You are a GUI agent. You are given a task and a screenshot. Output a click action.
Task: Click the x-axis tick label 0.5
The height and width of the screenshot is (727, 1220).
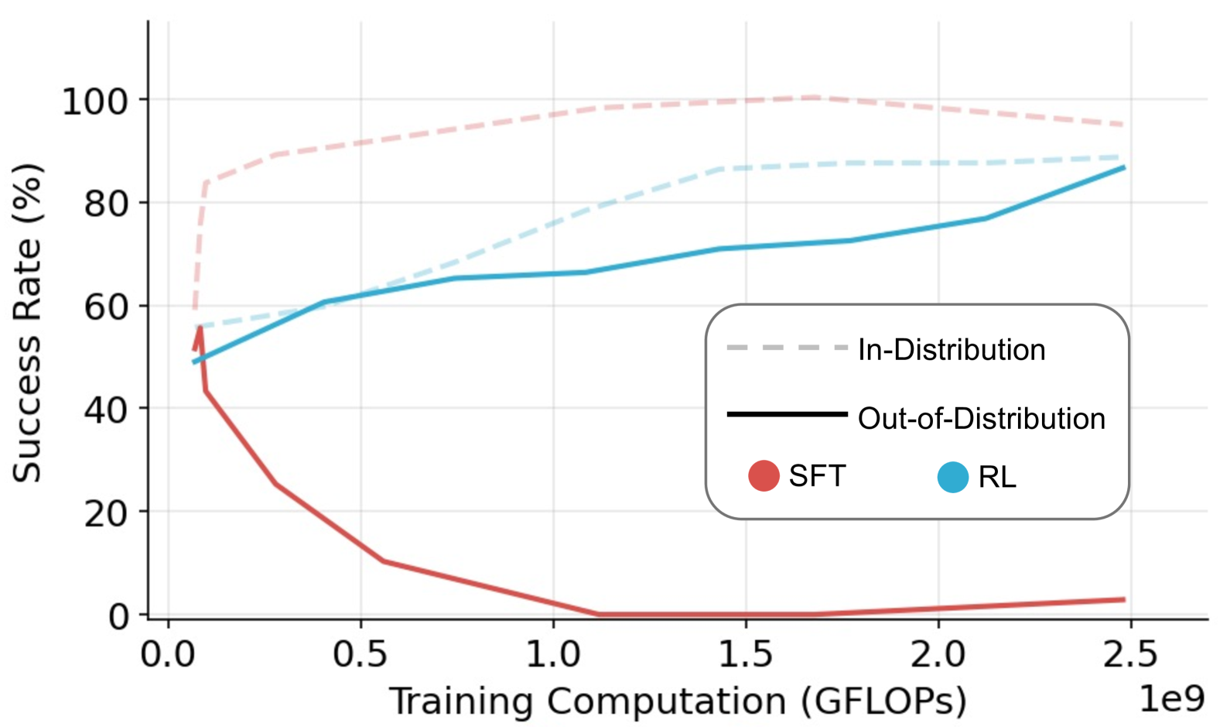(x=360, y=655)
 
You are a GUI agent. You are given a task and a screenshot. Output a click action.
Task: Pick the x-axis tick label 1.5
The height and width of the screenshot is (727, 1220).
(x=745, y=655)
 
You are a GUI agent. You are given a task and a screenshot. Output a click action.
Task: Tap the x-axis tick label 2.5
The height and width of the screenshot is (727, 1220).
(x=1130, y=655)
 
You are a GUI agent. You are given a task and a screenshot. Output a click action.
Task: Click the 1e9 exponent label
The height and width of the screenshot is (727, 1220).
(x=1172, y=699)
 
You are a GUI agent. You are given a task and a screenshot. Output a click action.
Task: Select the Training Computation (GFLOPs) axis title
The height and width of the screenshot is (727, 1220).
(x=678, y=701)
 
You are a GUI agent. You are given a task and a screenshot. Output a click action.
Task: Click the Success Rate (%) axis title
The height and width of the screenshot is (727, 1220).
(x=27, y=323)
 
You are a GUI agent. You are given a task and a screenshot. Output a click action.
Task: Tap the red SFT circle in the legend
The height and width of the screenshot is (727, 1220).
(x=764, y=475)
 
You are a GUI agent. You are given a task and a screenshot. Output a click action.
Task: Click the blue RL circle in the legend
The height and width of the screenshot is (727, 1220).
(x=953, y=477)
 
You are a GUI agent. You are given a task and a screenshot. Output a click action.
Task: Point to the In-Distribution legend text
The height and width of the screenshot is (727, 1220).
(x=952, y=350)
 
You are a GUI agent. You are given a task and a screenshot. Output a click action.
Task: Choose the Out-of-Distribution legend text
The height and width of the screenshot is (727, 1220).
(x=982, y=419)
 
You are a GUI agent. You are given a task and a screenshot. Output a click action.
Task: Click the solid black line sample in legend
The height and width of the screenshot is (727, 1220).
(x=788, y=415)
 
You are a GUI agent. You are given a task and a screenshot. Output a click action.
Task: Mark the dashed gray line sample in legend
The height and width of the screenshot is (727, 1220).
(x=788, y=348)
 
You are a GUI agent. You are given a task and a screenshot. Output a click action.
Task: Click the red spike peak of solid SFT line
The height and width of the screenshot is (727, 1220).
(x=200, y=328)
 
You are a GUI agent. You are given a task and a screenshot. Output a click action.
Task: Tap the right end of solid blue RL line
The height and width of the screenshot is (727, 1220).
(x=1123, y=167)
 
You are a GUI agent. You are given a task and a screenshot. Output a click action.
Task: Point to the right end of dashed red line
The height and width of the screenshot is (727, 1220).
(x=1123, y=125)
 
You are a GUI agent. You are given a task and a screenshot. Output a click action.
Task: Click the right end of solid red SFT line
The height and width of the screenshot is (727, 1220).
(x=1123, y=599)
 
